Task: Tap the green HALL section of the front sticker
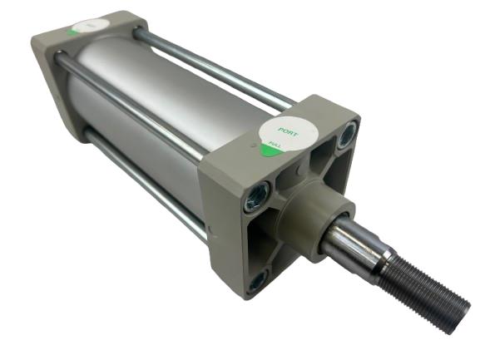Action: [272, 150]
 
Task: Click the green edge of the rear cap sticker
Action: [74, 31]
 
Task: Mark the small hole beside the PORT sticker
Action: [255, 143]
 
